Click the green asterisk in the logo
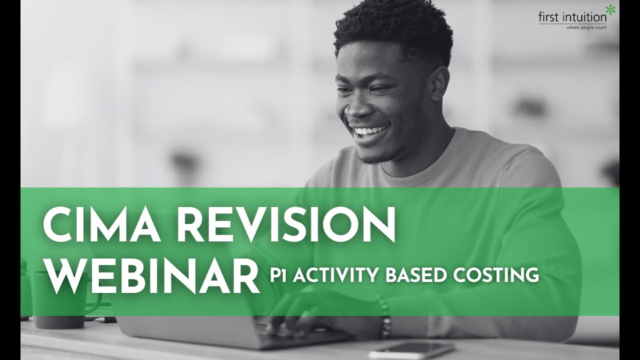point(610,10)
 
